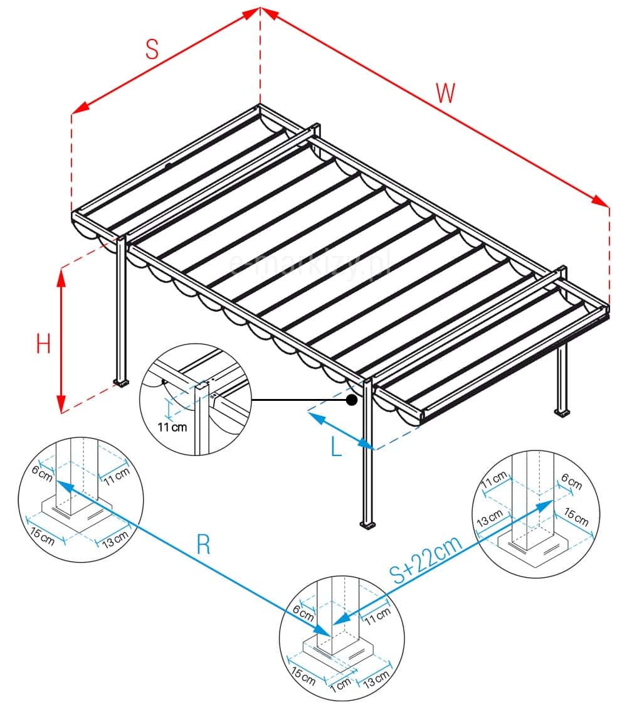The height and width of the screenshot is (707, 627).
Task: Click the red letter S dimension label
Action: point(152,50)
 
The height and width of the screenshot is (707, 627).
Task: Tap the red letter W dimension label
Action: point(445,93)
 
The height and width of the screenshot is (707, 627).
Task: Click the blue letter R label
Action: point(203,545)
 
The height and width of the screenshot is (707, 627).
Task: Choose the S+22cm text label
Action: point(427,560)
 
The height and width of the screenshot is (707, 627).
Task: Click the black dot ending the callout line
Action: point(352,399)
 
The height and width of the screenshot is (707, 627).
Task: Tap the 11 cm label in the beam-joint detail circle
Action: point(171,428)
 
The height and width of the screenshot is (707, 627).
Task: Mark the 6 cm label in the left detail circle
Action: point(44,475)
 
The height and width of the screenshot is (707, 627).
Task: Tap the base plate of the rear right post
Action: point(562,412)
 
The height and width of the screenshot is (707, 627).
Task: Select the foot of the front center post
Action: point(366,523)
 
